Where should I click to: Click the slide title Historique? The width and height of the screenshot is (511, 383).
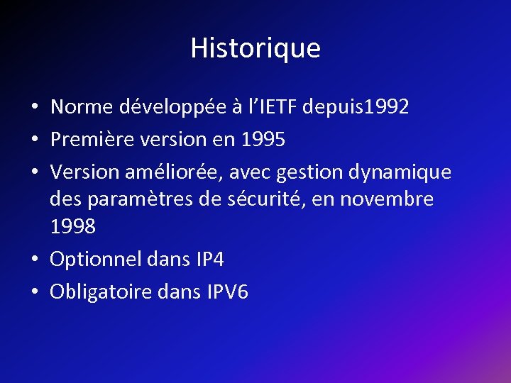click(x=255, y=48)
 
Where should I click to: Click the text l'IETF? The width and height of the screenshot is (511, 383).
click(x=273, y=107)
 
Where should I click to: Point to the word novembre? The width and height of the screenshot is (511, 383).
click(x=386, y=199)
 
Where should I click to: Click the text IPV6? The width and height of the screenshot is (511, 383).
click(x=228, y=292)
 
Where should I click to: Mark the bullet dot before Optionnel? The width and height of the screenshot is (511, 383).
click(x=34, y=260)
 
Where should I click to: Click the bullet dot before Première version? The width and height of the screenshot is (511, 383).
click(x=34, y=140)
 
